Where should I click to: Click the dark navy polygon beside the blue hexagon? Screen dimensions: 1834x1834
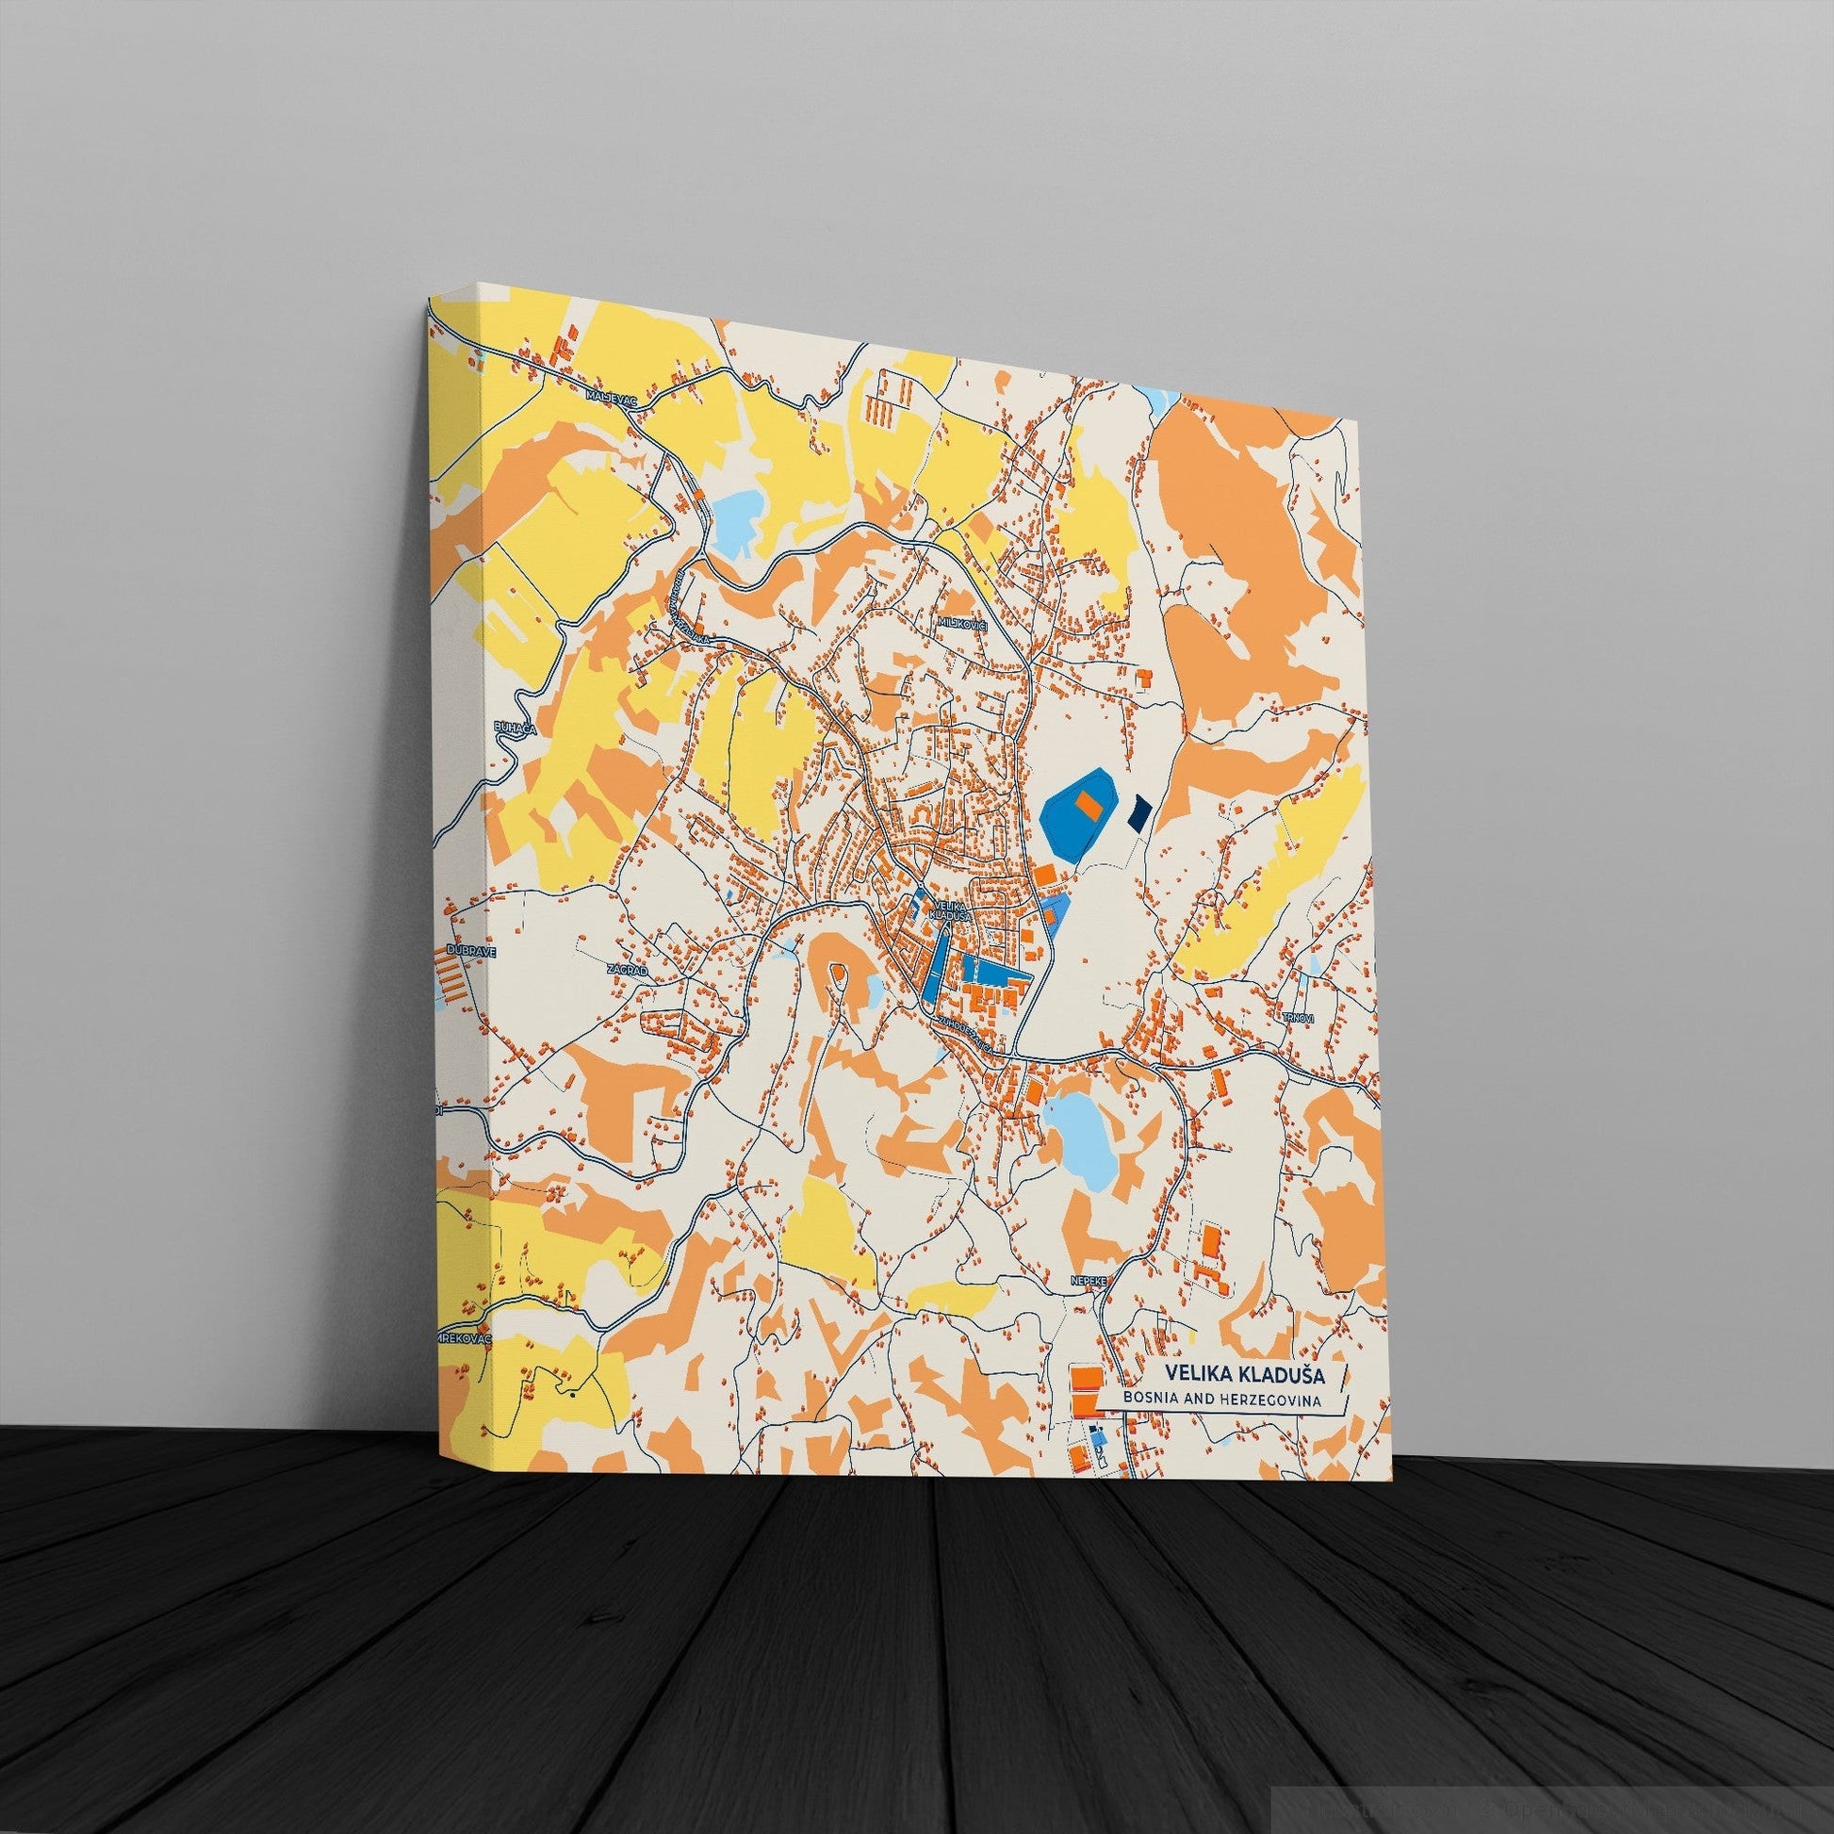click(1139, 811)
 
